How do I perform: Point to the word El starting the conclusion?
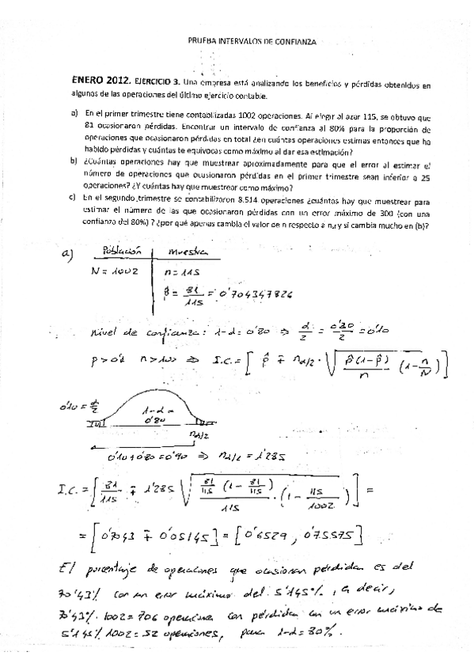(x=72, y=568)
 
